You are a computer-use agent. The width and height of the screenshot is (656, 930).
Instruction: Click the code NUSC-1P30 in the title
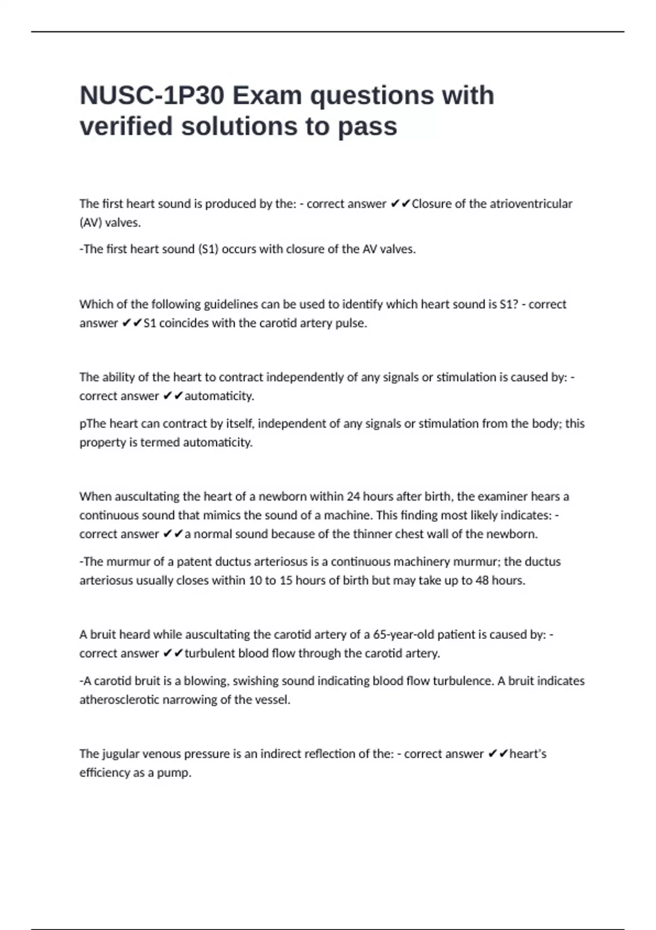pyautogui.click(x=151, y=96)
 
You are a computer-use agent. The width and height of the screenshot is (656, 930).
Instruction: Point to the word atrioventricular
pyautogui.click(x=529, y=204)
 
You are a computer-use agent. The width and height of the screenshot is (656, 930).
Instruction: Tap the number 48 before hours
pyautogui.click(x=482, y=580)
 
